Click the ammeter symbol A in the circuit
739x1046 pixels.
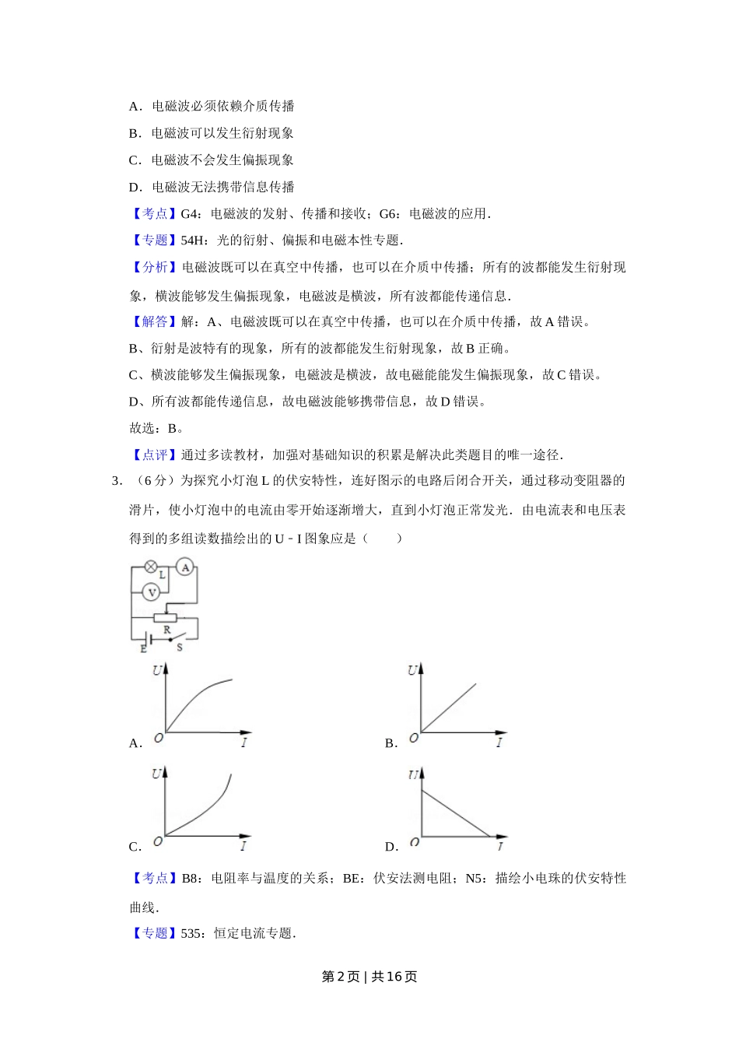(185, 567)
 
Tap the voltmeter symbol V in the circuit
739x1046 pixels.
(152, 592)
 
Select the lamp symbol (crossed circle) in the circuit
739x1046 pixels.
(151, 567)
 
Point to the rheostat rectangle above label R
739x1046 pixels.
(166, 618)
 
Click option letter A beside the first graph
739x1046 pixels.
(135, 743)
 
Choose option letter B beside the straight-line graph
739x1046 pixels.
(391, 743)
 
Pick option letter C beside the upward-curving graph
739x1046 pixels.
(135, 847)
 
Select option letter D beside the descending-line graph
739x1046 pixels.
(391, 847)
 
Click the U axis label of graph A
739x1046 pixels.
(157, 670)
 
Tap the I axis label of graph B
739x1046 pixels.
(499, 742)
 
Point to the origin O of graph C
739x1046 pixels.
(158, 841)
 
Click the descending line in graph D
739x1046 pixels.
(455, 813)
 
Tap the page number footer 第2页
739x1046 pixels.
(341, 977)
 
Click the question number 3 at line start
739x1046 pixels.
(116, 481)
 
